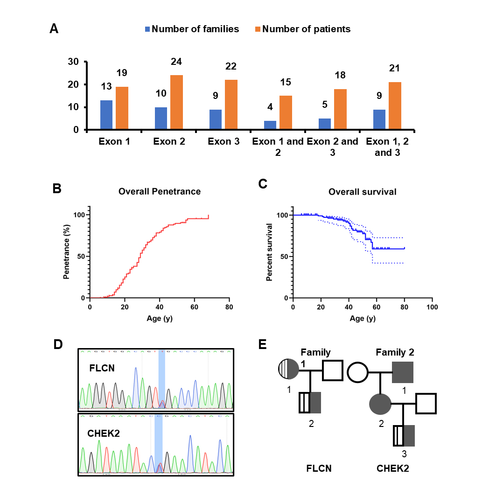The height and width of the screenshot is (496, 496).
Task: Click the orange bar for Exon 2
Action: point(176,102)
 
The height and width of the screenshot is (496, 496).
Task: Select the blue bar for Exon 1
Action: point(106,115)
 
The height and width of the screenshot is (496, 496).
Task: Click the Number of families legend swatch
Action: point(148,29)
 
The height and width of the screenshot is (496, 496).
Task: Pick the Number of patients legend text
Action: point(306,29)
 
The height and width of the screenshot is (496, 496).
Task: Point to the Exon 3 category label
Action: point(223,141)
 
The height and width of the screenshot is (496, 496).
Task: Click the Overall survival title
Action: point(362,192)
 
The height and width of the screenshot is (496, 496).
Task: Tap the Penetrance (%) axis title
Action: point(67,251)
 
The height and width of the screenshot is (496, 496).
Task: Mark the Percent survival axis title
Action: point(269,251)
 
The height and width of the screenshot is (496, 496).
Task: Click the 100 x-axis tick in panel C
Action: point(432,307)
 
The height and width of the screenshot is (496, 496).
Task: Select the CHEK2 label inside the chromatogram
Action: point(104,433)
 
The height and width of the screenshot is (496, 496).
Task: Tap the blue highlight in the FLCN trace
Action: point(162,378)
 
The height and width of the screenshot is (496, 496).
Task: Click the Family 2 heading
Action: point(395,352)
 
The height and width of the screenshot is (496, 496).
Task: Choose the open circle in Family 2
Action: point(357,373)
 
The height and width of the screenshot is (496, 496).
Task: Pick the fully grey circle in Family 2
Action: point(380,403)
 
